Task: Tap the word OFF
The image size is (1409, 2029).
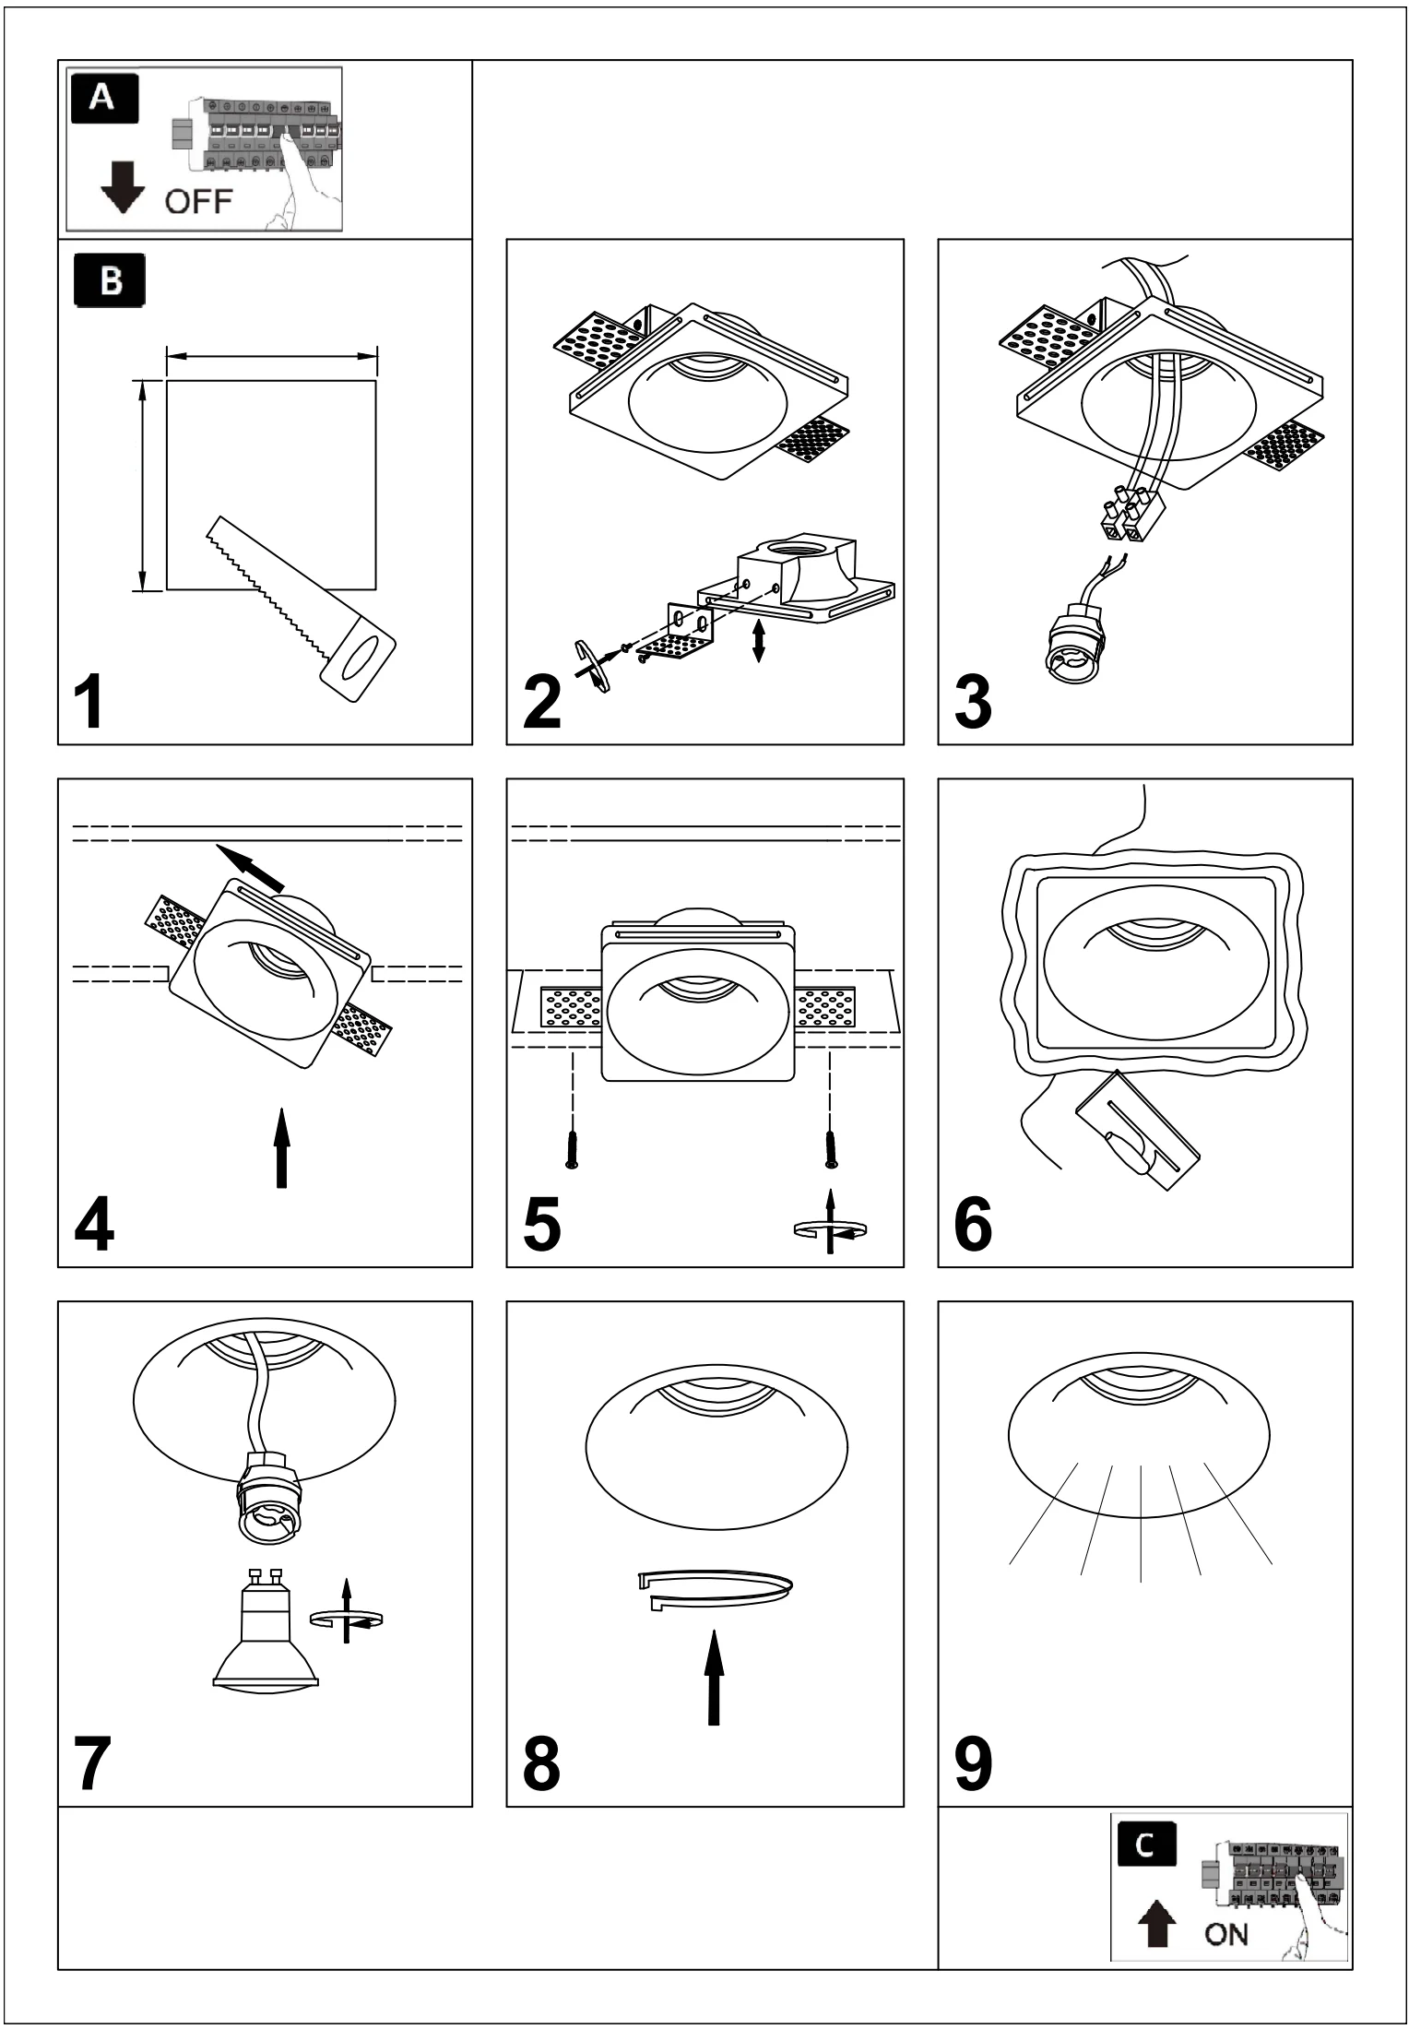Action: click(x=198, y=200)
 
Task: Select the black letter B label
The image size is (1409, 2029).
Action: click(x=109, y=281)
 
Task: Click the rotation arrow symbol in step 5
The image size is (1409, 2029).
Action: click(x=831, y=1225)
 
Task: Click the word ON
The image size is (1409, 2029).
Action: click(x=1226, y=1932)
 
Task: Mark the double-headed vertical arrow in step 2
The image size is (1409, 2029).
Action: click(x=758, y=640)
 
